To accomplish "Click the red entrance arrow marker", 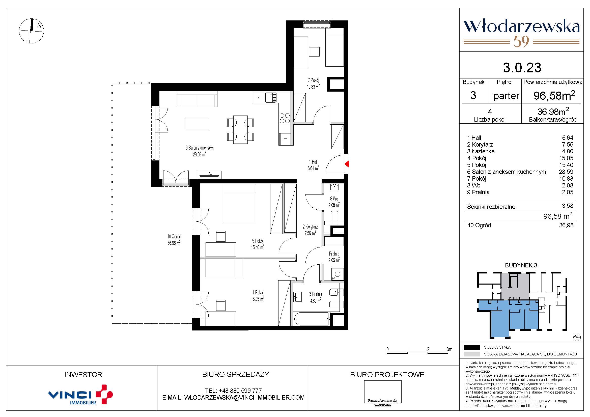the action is click(x=347, y=164).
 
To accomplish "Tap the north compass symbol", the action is click(x=31, y=31).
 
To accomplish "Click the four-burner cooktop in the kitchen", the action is click(x=285, y=118).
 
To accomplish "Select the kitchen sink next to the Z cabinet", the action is click(x=271, y=97).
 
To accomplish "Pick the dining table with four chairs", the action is click(x=241, y=129).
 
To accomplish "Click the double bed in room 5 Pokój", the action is click(x=240, y=203).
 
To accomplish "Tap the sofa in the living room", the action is click(x=197, y=100).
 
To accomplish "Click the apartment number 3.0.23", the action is click(x=522, y=68).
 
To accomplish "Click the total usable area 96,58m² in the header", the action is click(x=554, y=95).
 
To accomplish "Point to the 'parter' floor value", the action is click(x=506, y=96).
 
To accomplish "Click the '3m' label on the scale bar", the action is click(x=449, y=349).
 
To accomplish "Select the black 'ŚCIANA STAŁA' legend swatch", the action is click(x=472, y=347).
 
